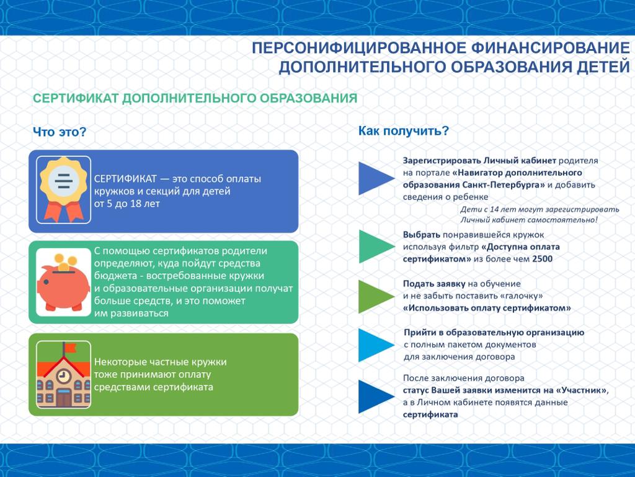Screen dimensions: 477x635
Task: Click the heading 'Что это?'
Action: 59,132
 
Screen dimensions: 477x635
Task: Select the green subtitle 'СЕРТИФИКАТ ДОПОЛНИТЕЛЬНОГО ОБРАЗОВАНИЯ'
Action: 195,99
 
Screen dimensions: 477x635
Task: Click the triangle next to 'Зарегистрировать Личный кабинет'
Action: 374,179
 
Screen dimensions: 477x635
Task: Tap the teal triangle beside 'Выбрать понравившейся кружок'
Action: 374,247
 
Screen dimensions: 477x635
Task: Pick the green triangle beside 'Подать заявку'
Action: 374,296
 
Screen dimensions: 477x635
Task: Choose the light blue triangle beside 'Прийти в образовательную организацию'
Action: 374,345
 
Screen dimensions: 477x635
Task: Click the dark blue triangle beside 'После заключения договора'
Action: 374,397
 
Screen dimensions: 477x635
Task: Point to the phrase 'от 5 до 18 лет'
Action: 127,203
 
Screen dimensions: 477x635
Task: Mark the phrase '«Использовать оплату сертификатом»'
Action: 487,308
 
